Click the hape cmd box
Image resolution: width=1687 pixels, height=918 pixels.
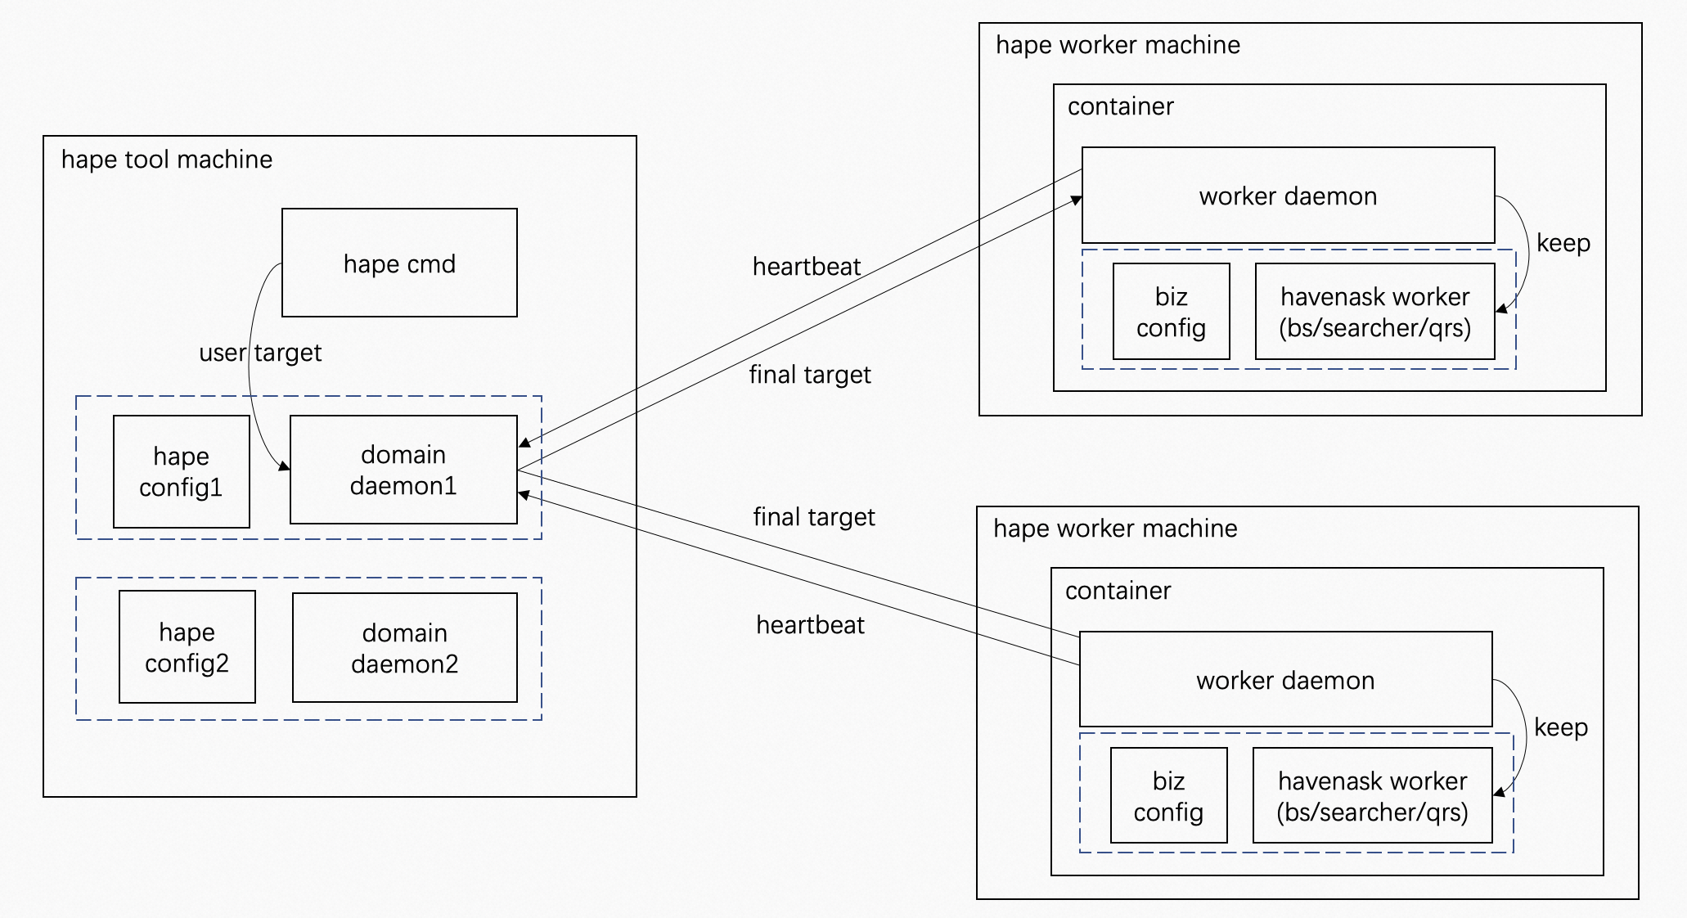click(399, 263)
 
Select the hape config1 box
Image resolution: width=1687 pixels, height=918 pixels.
click(181, 471)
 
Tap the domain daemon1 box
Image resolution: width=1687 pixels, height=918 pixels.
click(403, 470)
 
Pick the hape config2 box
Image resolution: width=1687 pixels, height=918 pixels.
click(187, 646)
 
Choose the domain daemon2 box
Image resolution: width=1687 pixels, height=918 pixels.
click(404, 647)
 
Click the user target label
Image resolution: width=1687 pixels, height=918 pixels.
click(260, 353)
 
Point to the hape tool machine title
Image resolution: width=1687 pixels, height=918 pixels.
click(167, 160)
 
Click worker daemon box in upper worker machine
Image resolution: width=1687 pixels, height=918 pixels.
click(1288, 196)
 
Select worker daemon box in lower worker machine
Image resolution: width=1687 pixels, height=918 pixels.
click(1285, 679)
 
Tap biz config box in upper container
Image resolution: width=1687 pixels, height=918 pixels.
click(1171, 312)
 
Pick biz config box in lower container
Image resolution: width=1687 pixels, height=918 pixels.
click(1168, 795)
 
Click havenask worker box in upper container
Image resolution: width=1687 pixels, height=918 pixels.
click(1374, 312)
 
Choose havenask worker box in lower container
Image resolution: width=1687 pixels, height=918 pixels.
click(1372, 795)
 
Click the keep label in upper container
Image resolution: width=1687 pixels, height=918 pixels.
click(1563, 243)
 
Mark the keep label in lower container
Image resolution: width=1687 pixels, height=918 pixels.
click(1560, 727)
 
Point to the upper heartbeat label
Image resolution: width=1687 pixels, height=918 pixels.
click(806, 267)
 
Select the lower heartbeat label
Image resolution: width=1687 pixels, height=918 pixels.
click(810, 625)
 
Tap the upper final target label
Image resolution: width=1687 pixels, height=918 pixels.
click(810, 375)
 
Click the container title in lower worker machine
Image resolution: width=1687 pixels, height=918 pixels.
click(1118, 591)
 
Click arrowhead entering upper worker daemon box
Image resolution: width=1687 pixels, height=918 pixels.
click(1077, 200)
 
